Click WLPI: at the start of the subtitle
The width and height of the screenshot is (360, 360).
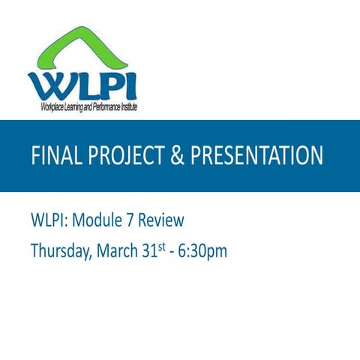pos(49,221)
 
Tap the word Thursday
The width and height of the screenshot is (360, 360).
pos(61,251)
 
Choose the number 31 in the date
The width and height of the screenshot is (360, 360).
pos(148,251)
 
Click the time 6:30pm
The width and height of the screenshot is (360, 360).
pos(202,251)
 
